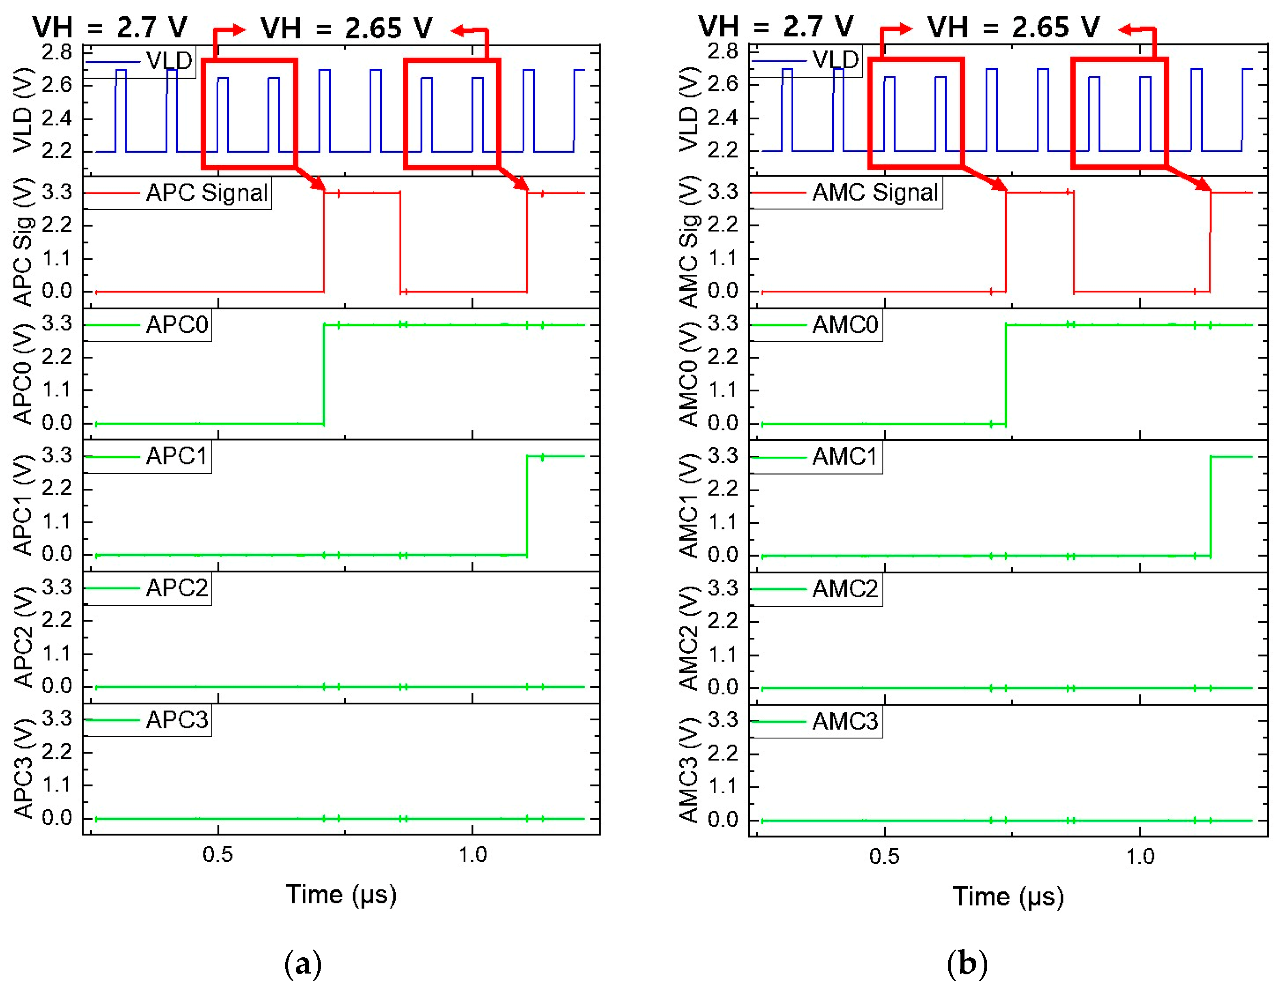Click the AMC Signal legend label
click(874, 192)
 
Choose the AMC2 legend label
click(845, 589)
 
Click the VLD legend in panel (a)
click(169, 60)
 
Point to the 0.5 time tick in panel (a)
click(217, 855)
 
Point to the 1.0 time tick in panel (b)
click(1140, 857)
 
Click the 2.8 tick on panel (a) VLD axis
click(56, 52)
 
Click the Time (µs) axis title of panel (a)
click(341, 895)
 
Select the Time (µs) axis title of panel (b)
click(1008, 896)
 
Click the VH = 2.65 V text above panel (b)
click(1013, 28)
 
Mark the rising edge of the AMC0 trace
click(1006, 374)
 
